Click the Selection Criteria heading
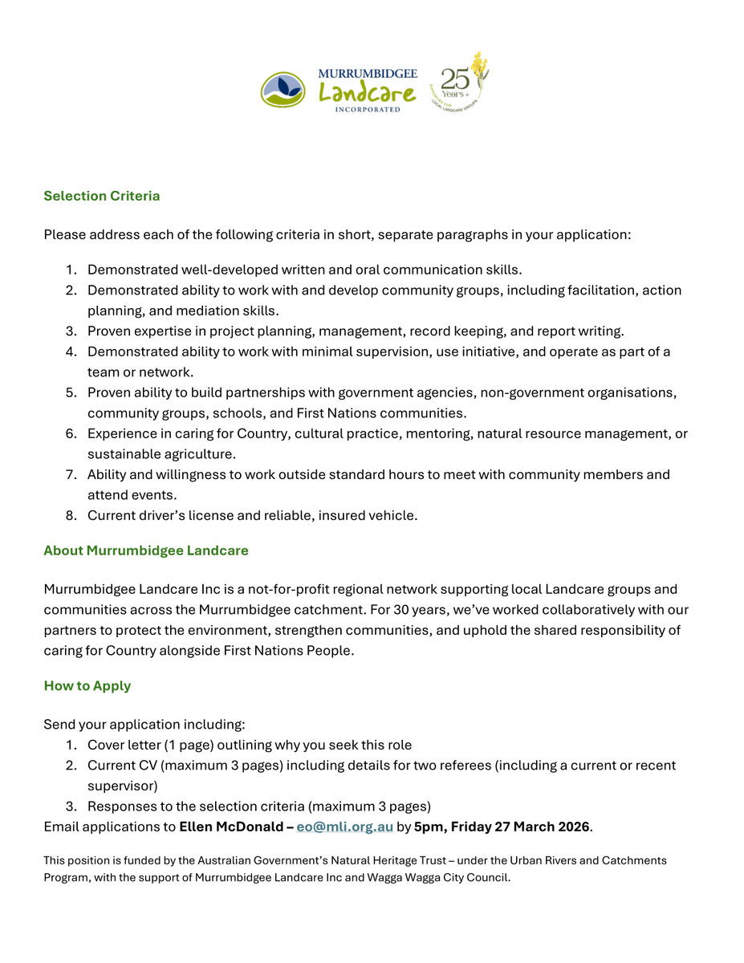[102, 196]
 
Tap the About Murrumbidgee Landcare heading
[146, 551]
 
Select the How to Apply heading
[87, 686]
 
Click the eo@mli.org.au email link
[345, 827]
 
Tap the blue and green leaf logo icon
[283, 89]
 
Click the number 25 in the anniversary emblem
[454, 79]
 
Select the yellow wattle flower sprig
[480, 68]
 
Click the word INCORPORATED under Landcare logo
[368, 109]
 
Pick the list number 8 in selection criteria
[71, 515]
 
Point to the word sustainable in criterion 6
[123, 454]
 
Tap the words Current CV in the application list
[120, 766]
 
